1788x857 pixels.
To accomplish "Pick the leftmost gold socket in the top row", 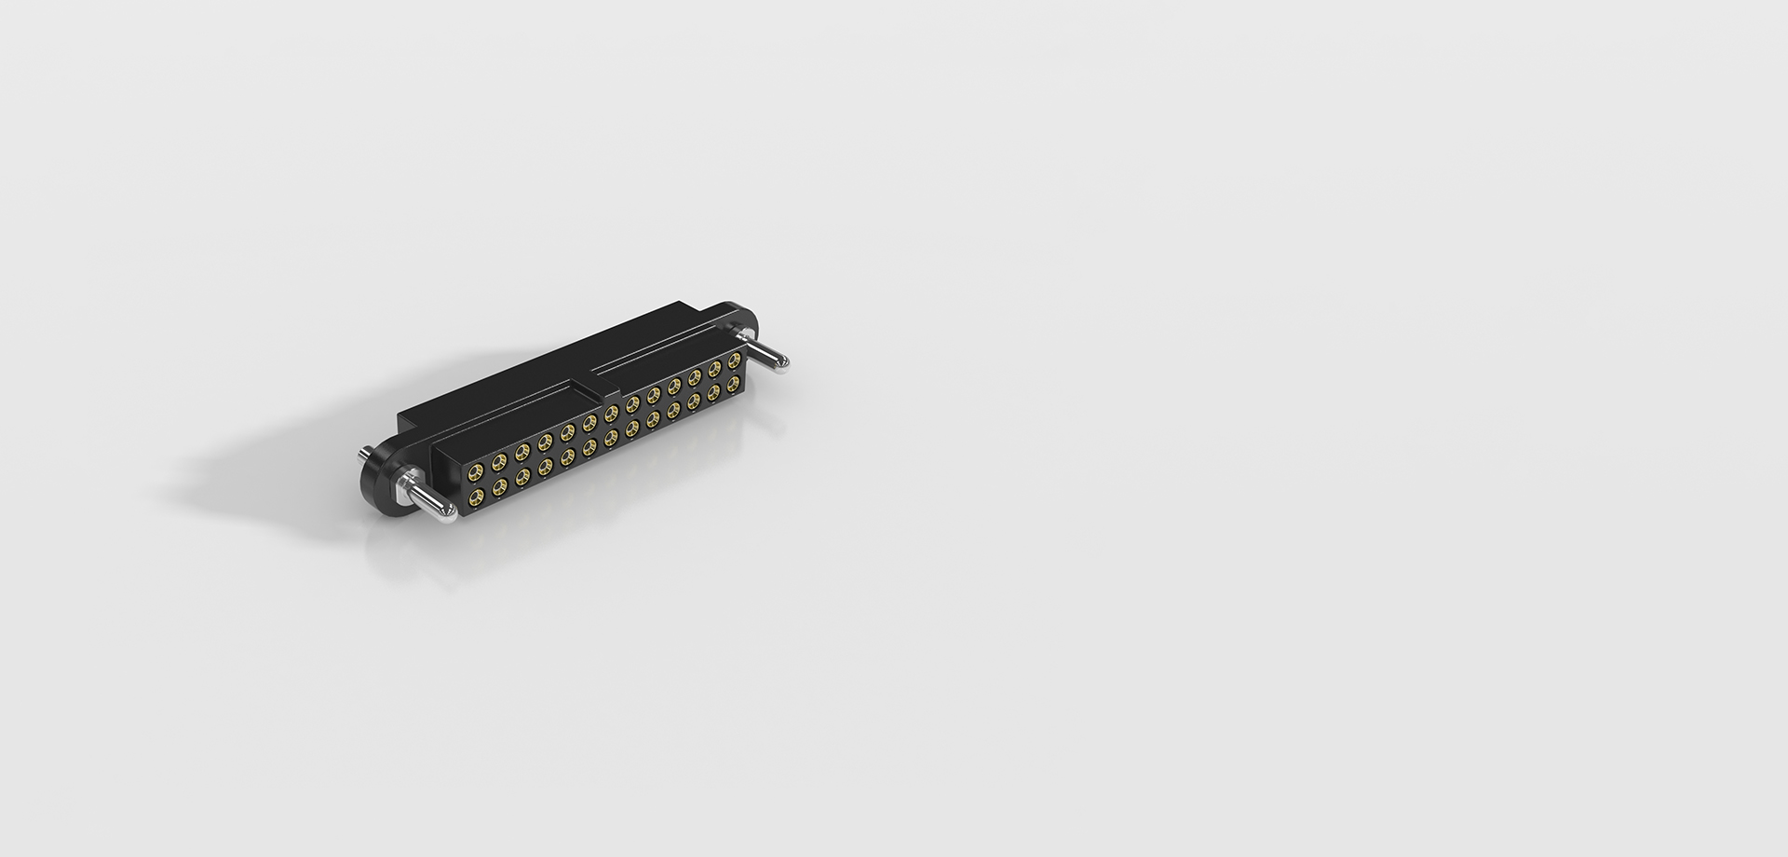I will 476,471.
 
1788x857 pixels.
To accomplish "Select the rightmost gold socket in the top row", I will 734,360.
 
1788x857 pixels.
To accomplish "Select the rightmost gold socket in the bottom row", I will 733,384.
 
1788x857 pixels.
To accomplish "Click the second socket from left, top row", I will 499,461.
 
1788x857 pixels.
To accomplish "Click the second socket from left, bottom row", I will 499,486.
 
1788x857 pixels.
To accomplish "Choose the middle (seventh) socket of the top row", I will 611,414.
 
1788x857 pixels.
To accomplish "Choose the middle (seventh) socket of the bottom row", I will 611,438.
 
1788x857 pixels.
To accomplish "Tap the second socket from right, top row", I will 714,369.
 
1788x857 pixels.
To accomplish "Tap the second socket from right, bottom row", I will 713,392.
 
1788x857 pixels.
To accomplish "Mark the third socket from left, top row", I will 522,452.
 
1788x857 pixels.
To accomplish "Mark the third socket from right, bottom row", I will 694,401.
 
